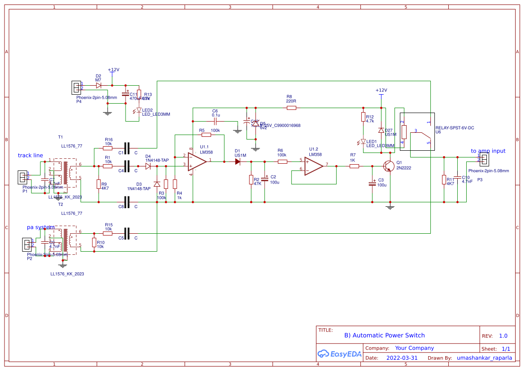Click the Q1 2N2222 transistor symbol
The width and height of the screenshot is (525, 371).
(x=388, y=166)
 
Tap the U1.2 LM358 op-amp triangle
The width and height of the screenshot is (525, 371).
(x=313, y=166)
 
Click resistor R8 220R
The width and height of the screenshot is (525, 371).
(x=291, y=108)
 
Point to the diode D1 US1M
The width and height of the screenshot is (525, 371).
(x=238, y=161)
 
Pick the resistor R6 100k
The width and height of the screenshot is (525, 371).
(x=282, y=161)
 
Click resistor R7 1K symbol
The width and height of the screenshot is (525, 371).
(x=354, y=166)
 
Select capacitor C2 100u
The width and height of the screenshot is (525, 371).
(x=265, y=179)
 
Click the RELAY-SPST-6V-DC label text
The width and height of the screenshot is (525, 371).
(x=455, y=128)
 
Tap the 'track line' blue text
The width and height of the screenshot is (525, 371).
(x=30, y=156)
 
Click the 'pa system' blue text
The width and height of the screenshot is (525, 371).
(x=41, y=227)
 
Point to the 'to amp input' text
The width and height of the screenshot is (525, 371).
(x=488, y=151)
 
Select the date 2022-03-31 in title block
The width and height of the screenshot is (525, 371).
(x=401, y=358)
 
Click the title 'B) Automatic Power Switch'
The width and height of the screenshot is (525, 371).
(x=384, y=335)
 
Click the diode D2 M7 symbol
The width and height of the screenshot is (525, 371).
(x=99, y=85)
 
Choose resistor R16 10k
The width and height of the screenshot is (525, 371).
(x=108, y=148)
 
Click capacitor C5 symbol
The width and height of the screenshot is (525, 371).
(x=127, y=233)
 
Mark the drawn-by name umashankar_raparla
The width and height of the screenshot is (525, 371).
(x=484, y=358)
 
